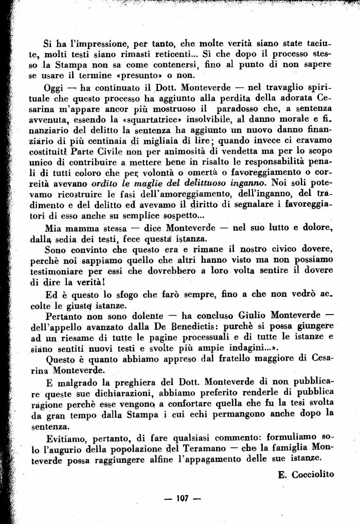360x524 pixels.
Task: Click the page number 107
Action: [x=181, y=498]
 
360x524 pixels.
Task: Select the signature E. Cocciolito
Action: [x=306, y=475]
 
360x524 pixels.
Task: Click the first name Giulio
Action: [x=257, y=315]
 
